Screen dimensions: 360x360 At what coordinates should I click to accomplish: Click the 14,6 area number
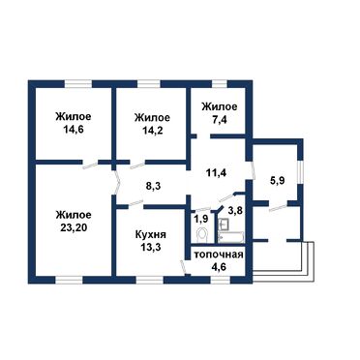[x=73, y=130]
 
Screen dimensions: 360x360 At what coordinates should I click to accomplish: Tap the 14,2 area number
[x=152, y=130]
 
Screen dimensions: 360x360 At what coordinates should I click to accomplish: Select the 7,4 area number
[x=220, y=119]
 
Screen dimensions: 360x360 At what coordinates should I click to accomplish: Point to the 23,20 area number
[x=73, y=227]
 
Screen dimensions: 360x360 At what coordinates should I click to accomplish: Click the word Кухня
[x=151, y=234]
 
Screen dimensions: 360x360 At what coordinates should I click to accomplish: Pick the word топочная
[x=218, y=255]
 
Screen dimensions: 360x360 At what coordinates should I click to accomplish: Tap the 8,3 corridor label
[x=152, y=186]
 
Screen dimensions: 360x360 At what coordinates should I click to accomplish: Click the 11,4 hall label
[x=216, y=172]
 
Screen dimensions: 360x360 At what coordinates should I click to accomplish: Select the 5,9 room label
[x=277, y=181]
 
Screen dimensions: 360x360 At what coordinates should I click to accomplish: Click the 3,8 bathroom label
[x=235, y=211]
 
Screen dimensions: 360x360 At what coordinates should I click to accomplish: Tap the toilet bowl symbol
[x=202, y=234]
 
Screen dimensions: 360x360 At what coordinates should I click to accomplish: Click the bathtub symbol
[x=231, y=237]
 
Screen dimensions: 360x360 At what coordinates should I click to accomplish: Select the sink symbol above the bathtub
[x=224, y=225]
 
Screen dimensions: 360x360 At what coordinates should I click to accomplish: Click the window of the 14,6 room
[x=78, y=84]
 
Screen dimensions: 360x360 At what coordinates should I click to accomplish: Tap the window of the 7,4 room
[x=220, y=84]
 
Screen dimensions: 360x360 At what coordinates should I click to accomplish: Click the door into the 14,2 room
[x=136, y=165]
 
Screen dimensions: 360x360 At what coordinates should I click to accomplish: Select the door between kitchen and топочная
[x=184, y=268]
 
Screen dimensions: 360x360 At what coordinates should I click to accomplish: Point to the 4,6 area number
[x=219, y=267]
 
